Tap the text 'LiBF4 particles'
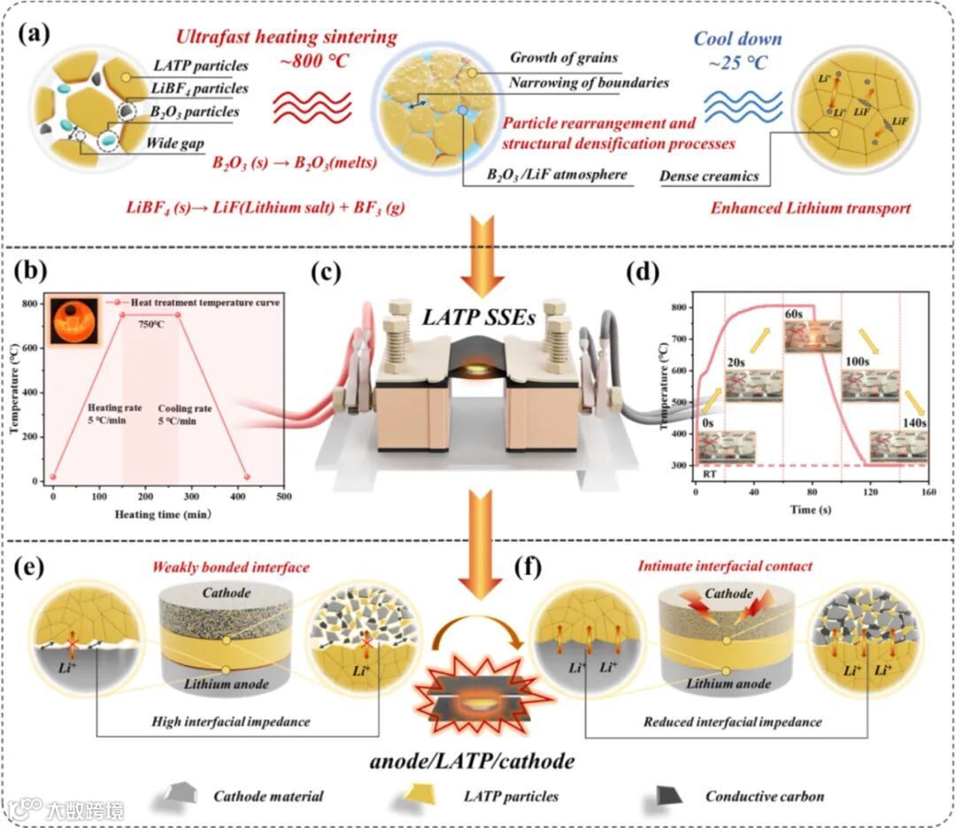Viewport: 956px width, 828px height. [x=200, y=89]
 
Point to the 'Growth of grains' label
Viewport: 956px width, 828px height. [x=563, y=58]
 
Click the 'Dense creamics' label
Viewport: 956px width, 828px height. [x=709, y=176]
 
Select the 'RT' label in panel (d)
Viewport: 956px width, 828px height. [x=709, y=476]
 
